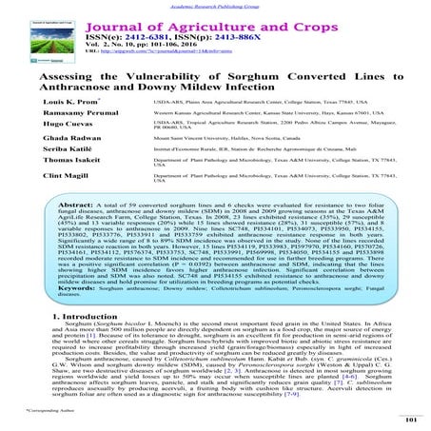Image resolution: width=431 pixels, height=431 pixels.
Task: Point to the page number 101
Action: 411,420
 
